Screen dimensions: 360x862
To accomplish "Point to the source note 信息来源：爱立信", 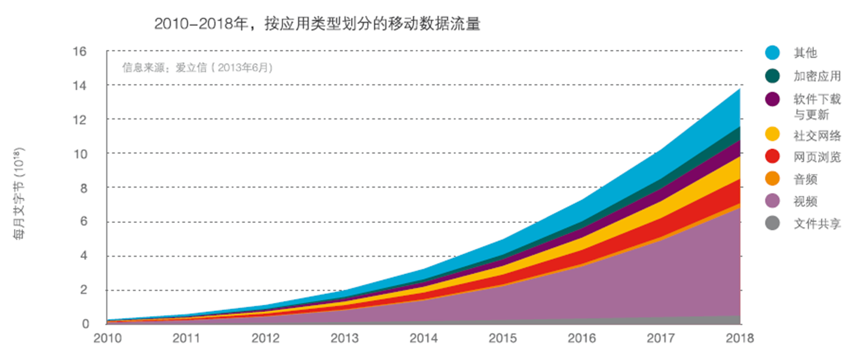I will pyautogui.click(x=198, y=67).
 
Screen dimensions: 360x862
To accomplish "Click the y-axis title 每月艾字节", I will pyautogui.click(x=19, y=193).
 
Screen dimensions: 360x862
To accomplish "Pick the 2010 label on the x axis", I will pyautogui.click(x=107, y=339).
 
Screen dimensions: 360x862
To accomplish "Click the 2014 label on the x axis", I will pyautogui.click(x=424, y=339).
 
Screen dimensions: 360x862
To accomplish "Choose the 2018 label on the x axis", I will pyautogui.click(x=739, y=339).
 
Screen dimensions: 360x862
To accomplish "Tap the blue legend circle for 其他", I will pyautogui.click(x=773, y=53).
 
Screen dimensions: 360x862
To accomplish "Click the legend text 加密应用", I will pyautogui.click(x=817, y=76).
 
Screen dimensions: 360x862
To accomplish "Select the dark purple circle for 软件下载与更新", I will pyautogui.click(x=773, y=99).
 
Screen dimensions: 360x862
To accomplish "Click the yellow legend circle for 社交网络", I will pyautogui.click(x=773, y=134).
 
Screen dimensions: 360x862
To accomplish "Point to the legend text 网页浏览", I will pyautogui.click(x=817, y=157).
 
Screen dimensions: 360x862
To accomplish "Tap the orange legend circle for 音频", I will pyautogui.click(x=773, y=179).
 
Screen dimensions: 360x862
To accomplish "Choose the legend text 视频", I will pyautogui.click(x=805, y=201).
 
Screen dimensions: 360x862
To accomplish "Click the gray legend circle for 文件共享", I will pyautogui.click(x=773, y=224).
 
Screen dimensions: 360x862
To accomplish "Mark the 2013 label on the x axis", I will pyautogui.click(x=344, y=339).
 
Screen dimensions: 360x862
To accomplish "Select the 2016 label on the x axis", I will pyautogui.click(x=581, y=339).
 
